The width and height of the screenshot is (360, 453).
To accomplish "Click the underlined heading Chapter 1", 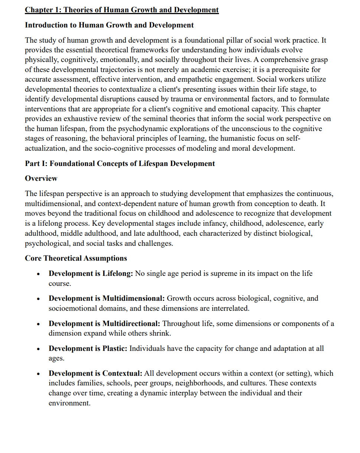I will tap(122, 10).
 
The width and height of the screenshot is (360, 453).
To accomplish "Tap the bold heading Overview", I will tap(41, 179).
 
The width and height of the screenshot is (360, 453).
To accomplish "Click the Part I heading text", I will tap(120, 163).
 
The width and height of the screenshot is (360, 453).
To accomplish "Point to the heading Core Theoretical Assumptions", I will tap(76, 258).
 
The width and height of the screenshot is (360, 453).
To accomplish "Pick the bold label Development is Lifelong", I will tap(91, 274).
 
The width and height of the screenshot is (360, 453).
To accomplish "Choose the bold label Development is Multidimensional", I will tap(107, 299).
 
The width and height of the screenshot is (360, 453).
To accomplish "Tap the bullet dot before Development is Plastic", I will tap(38, 349).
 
